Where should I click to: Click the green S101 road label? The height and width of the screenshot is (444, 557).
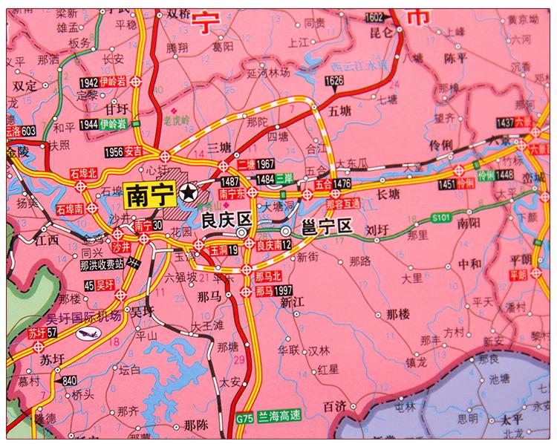pyautogui.click(x=441, y=216)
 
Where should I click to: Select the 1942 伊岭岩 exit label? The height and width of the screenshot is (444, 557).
pyautogui.click(x=101, y=82)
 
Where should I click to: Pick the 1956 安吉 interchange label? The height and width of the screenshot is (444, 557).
pyautogui.click(x=124, y=151)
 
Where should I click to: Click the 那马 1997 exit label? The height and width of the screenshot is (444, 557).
pyautogui.click(x=273, y=292)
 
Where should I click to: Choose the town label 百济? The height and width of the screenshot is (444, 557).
pyautogui.click(x=335, y=405)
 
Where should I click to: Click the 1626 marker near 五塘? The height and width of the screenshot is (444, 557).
pyautogui.click(x=334, y=79)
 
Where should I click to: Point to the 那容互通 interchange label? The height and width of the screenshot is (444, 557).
pyautogui.click(x=343, y=202)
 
